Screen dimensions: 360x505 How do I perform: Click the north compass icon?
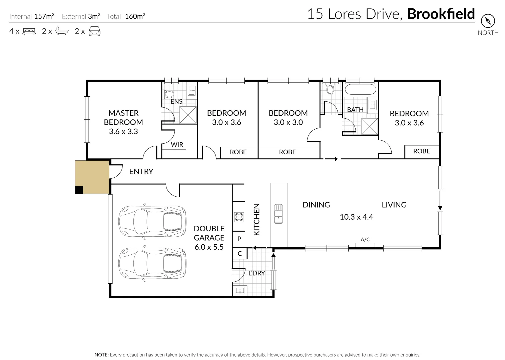488,21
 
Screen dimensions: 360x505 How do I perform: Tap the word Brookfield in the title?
441,14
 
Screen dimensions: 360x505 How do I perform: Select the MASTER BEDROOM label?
123,117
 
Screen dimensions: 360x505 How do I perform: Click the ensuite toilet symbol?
169,94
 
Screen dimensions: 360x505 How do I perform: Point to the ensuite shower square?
188,115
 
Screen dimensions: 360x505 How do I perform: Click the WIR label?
177,144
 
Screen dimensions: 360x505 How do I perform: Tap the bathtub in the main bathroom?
360,90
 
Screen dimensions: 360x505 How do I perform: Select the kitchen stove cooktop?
239,217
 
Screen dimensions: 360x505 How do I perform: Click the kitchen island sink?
278,214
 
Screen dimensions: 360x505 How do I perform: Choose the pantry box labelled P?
239,239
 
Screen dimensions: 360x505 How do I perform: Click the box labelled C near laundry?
239,254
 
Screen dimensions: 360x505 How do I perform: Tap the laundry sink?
240,290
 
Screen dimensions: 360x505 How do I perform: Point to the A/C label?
365,239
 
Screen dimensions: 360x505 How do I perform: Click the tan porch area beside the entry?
92,176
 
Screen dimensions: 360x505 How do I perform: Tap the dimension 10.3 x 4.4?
356,217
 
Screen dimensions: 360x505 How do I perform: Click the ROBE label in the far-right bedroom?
422,151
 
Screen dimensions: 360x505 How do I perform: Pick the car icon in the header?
94,31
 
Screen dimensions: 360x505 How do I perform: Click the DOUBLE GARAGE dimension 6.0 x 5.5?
209,247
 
